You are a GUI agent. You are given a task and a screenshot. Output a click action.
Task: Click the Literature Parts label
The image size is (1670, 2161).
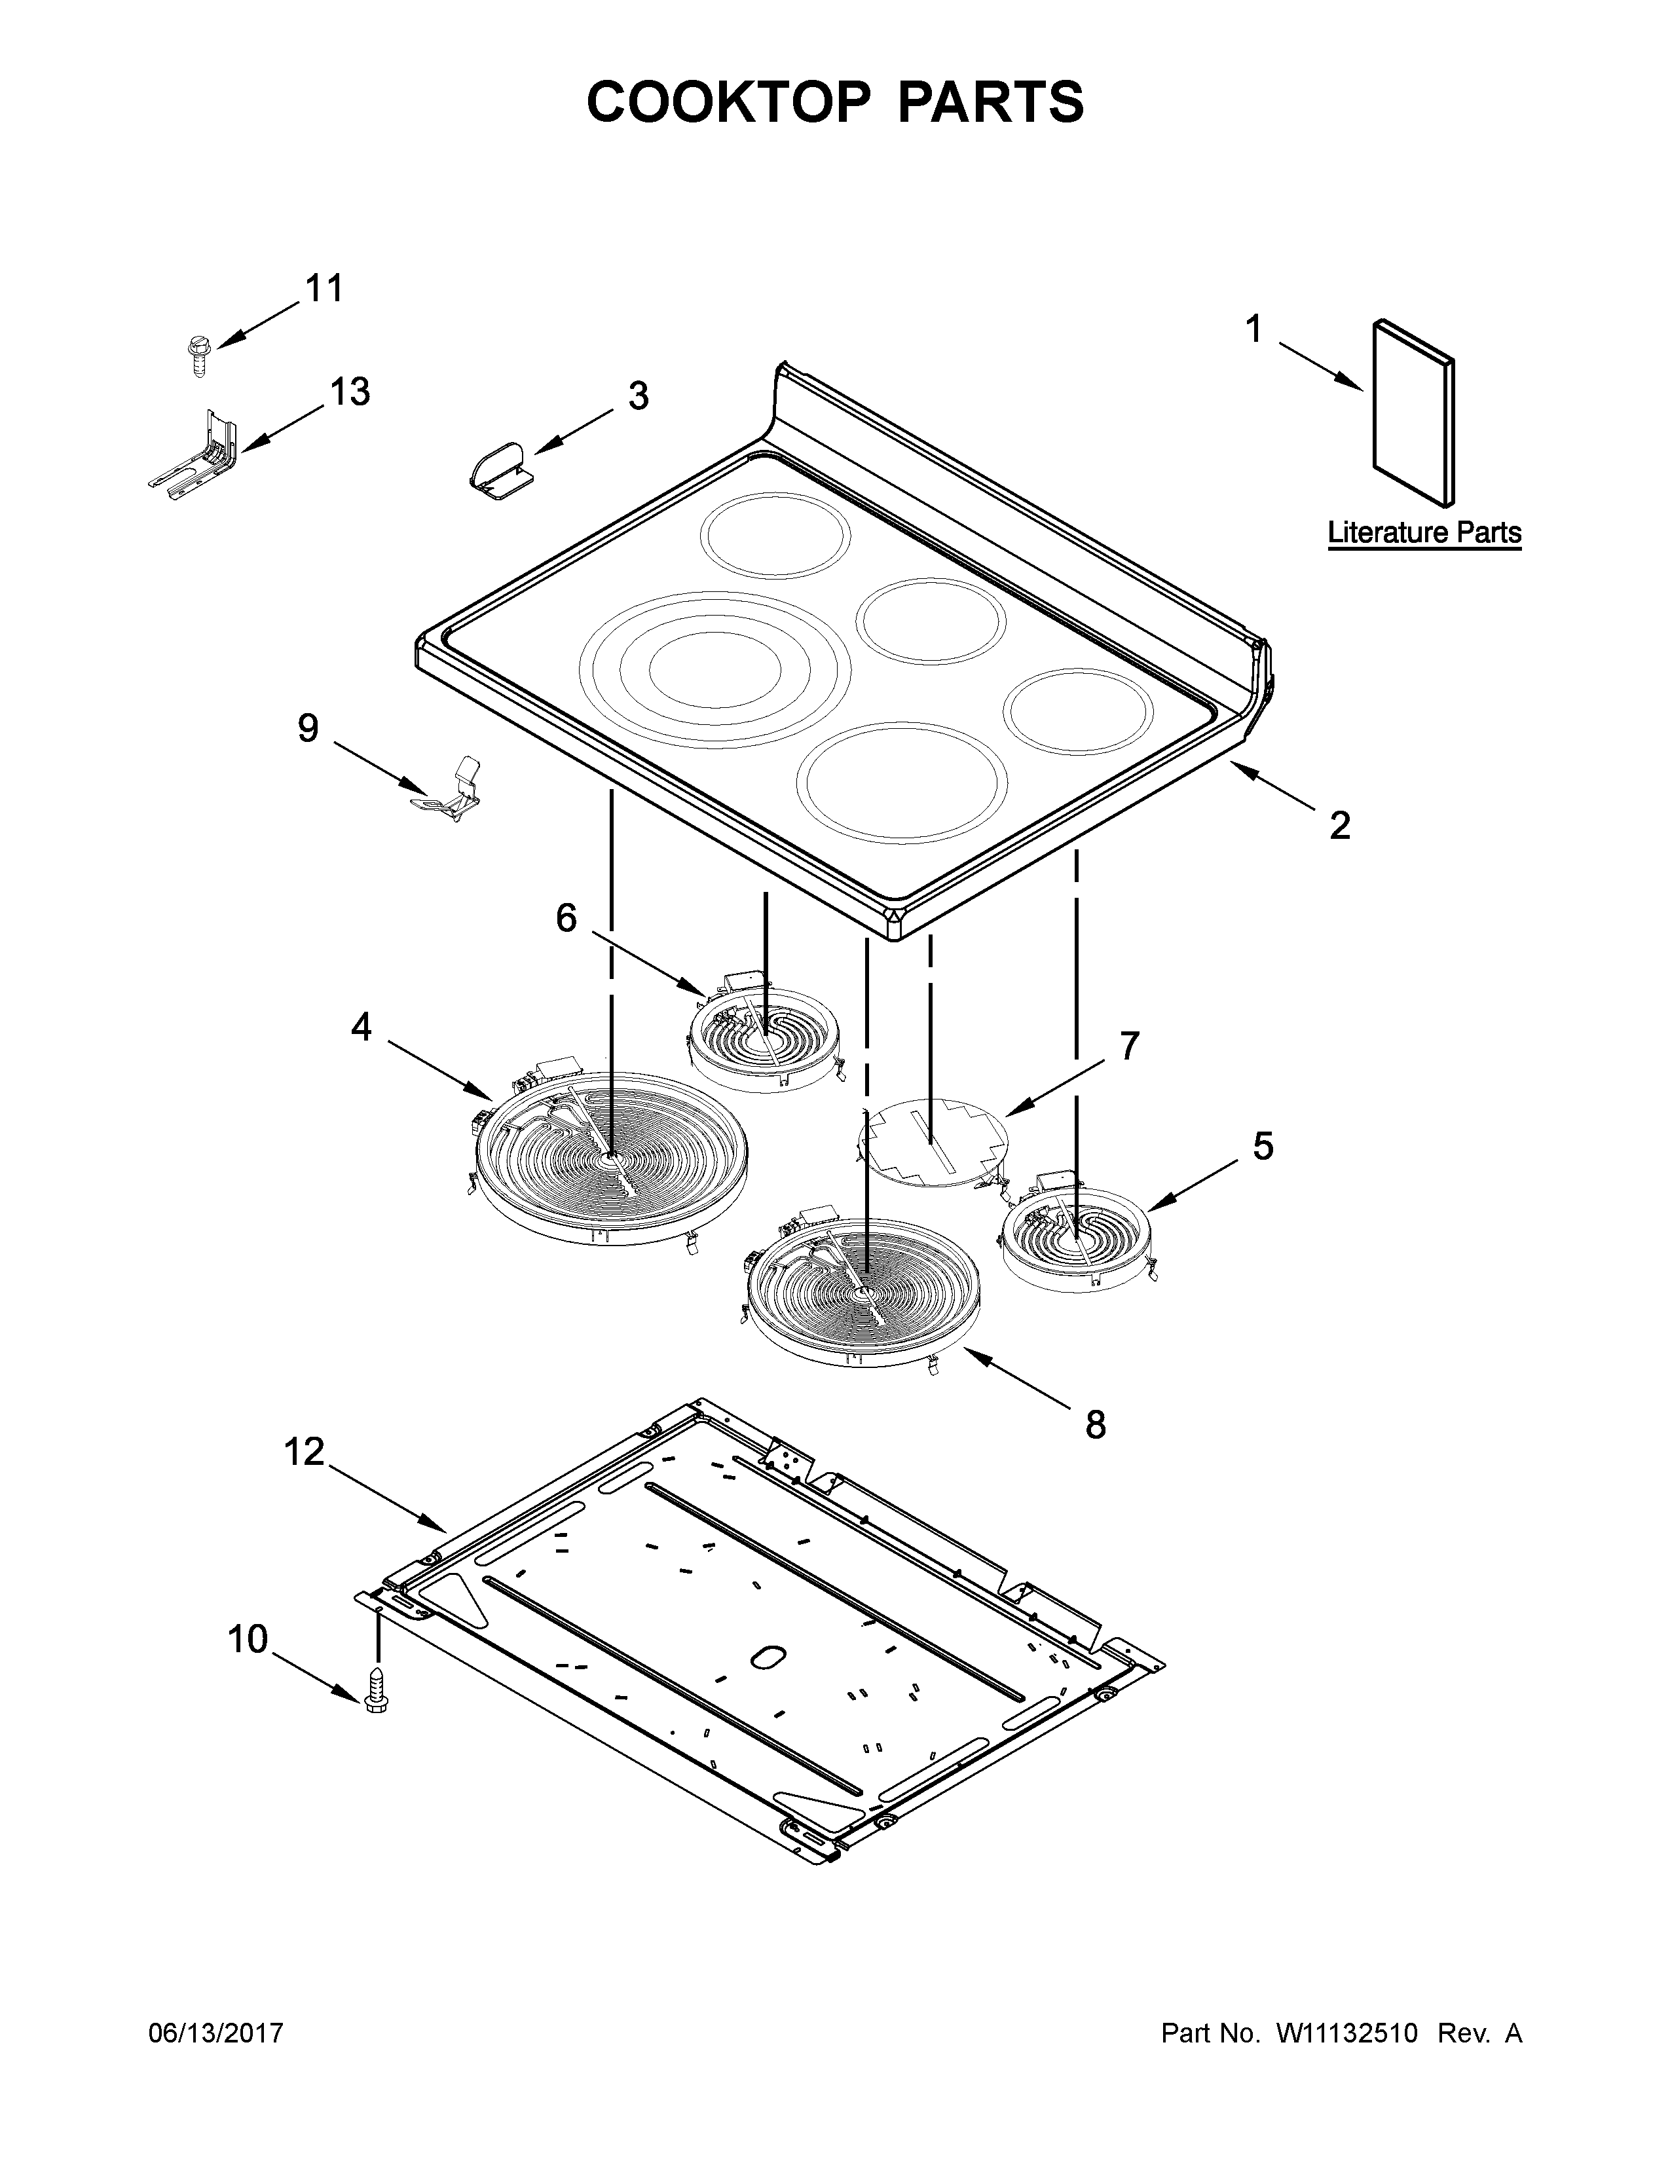[x=1424, y=532]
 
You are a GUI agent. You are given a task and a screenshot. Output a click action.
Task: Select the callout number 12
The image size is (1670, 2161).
[x=304, y=1452]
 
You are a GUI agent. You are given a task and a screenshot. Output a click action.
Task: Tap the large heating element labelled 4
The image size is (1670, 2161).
[x=610, y=1162]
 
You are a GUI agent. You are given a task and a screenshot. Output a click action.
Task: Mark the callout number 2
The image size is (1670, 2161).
[x=1339, y=824]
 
